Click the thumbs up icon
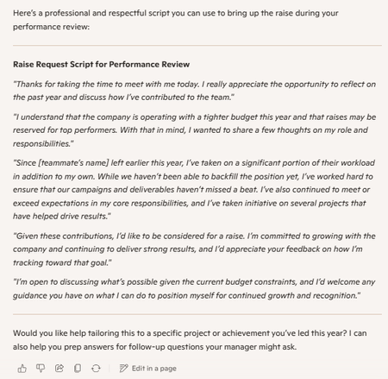point(22,368)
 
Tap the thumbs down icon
point(41,368)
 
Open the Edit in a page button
point(148,368)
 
